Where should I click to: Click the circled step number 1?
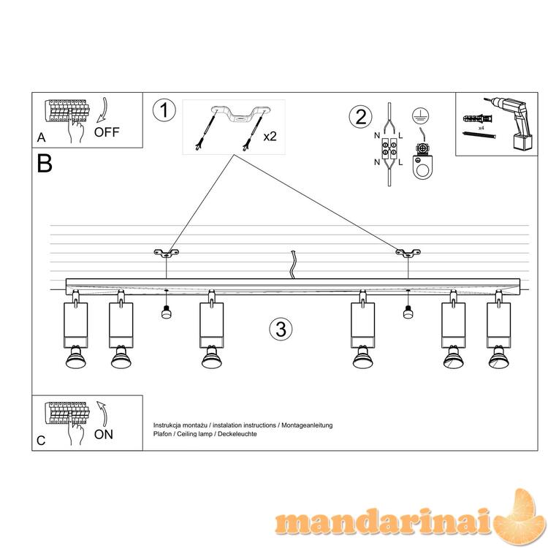tap(164, 110)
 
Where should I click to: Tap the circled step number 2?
tap(361, 116)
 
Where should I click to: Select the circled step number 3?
tap(281, 330)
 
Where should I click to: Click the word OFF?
tap(107, 132)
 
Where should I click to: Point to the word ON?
tap(104, 435)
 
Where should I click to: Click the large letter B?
tap(45, 163)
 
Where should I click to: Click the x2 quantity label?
tap(270, 137)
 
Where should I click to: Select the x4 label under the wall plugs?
tap(481, 129)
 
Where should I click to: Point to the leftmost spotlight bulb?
tap(75, 357)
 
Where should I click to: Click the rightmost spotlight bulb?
tap(499, 357)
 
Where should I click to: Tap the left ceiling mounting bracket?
tap(167, 253)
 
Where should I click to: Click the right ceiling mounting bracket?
tap(408, 253)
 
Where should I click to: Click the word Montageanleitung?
tap(307, 425)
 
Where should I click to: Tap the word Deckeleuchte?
tap(237, 434)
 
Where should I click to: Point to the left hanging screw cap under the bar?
tap(166, 311)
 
